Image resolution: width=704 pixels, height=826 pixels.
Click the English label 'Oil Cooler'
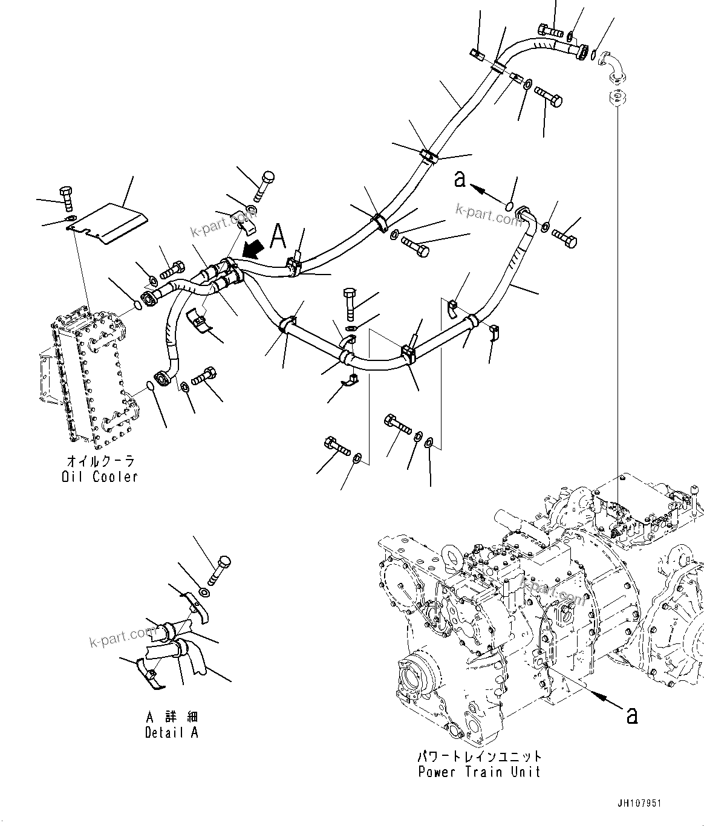point(100,476)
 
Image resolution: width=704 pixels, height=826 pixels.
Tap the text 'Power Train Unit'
point(479,772)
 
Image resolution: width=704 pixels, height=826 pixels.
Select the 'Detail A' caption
point(172,732)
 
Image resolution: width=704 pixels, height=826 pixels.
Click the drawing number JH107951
point(639,804)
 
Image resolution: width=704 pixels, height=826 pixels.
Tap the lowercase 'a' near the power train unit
point(631,715)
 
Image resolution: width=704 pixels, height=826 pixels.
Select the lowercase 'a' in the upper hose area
point(460,180)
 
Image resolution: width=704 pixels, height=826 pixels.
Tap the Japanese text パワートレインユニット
point(479,756)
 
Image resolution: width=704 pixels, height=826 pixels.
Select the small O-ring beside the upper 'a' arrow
point(510,207)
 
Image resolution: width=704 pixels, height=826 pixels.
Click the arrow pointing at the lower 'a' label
point(605,698)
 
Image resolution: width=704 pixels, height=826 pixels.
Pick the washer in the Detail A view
point(204,591)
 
